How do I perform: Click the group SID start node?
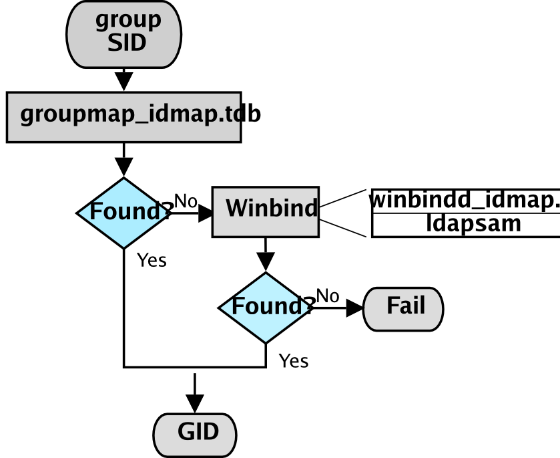coord(124,33)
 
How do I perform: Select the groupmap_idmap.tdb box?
coord(124,117)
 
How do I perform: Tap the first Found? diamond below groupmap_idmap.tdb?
coord(124,213)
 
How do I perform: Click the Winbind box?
coord(266,212)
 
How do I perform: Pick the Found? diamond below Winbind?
coord(266,308)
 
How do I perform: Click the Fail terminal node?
coord(403,308)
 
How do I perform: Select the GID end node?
coord(195,434)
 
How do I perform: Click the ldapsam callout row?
coord(465,224)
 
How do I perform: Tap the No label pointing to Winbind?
coord(186,200)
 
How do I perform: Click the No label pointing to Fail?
coord(327,295)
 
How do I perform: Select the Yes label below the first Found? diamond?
coord(152,260)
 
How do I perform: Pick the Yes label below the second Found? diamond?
coord(294,361)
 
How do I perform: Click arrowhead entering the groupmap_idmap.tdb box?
coord(124,82)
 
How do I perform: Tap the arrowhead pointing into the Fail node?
coord(354,308)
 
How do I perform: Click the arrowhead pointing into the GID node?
coord(195,404)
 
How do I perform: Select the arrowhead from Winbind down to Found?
coord(266,263)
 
